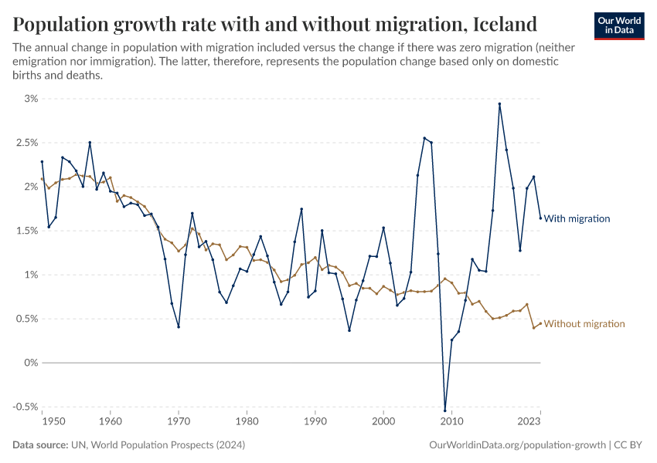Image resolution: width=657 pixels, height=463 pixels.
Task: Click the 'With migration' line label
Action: pyautogui.click(x=577, y=218)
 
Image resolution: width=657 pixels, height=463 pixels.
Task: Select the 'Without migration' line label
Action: pyautogui.click(x=584, y=324)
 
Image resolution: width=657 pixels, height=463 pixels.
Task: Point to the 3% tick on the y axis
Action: pyautogui.click(x=30, y=99)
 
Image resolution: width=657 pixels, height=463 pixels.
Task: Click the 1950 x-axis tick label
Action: pyautogui.click(x=53, y=422)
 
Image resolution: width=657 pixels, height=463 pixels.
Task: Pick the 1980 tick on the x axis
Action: pyautogui.click(x=247, y=422)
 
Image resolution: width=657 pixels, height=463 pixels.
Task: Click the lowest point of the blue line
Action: pyautogui.click(x=444, y=410)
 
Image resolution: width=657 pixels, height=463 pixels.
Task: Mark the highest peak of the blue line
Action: pyautogui.click(x=499, y=104)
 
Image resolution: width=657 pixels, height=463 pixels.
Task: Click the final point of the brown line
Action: pyautogui.click(x=540, y=323)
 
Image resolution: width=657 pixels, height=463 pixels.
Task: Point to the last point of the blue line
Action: pyautogui.click(x=540, y=218)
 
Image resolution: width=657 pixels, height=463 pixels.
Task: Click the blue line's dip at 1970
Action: pyautogui.click(x=179, y=326)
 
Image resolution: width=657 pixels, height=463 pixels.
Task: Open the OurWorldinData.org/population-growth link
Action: pyautogui.click(x=516, y=445)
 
